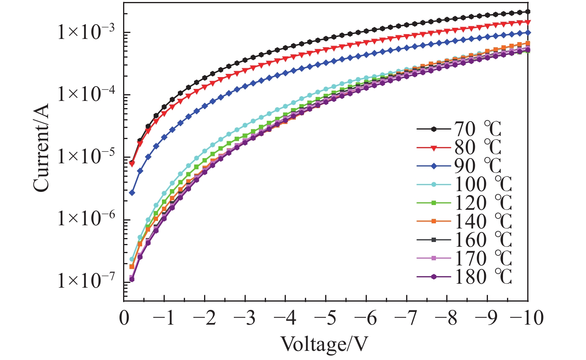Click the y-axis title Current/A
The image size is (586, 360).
click(x=41, y=148)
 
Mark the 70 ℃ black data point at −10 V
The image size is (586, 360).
click(x=528, y=12)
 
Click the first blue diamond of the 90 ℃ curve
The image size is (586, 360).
click(x=132, y=193)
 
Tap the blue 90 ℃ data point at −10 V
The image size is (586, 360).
click(x=528, y=33)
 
